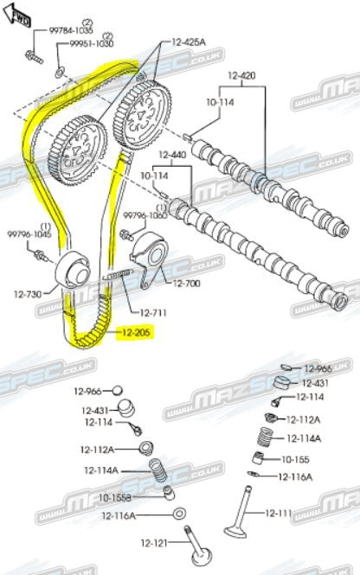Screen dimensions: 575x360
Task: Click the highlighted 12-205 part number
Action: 134,331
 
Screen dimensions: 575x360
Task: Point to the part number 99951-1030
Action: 92,42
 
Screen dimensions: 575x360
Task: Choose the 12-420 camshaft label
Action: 242,75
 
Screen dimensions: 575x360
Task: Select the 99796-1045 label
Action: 29,234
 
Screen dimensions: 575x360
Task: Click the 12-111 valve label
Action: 279,513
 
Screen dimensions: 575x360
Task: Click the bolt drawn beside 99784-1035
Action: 32,58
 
